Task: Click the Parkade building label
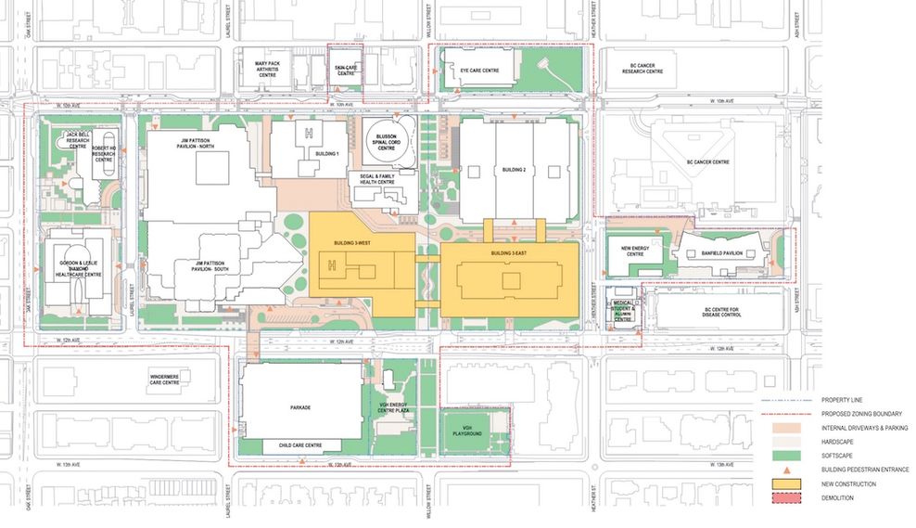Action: (300, 406)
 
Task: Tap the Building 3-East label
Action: (508, 252)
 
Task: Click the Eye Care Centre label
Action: (479, 71)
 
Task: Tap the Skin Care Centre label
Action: (345, 70)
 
